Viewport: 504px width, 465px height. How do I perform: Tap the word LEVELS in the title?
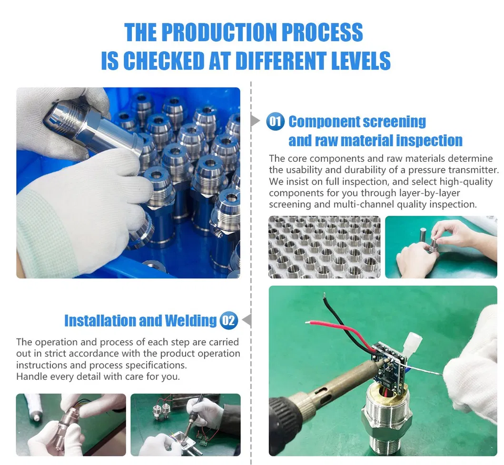(361, 60)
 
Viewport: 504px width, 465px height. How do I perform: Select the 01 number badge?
(276, 121)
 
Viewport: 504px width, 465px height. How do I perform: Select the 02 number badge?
(229, 320)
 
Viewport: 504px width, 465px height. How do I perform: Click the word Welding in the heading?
(191, 321)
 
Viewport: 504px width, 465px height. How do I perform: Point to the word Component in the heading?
(325, 121)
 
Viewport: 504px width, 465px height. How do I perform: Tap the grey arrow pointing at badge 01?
(255, 121)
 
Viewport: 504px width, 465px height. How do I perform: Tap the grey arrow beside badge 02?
(247, 320)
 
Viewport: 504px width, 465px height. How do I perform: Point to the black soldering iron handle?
(286, 418)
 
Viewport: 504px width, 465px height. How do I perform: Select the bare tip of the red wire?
(308, 322)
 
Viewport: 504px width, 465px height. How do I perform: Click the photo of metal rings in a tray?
(324, 247)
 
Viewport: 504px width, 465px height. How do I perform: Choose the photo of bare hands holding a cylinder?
(441, 247)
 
